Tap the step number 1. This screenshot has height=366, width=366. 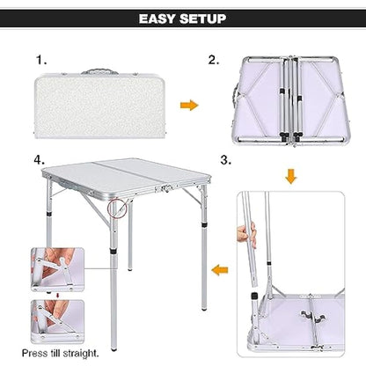tap(40, 60)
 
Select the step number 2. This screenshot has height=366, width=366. tap(213, 60)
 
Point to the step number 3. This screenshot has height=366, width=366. tap(225, 161)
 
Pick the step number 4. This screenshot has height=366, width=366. tap(40, 161)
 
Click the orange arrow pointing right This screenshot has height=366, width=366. tap(187, 105)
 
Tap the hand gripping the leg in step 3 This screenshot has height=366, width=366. tap(245, 235)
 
